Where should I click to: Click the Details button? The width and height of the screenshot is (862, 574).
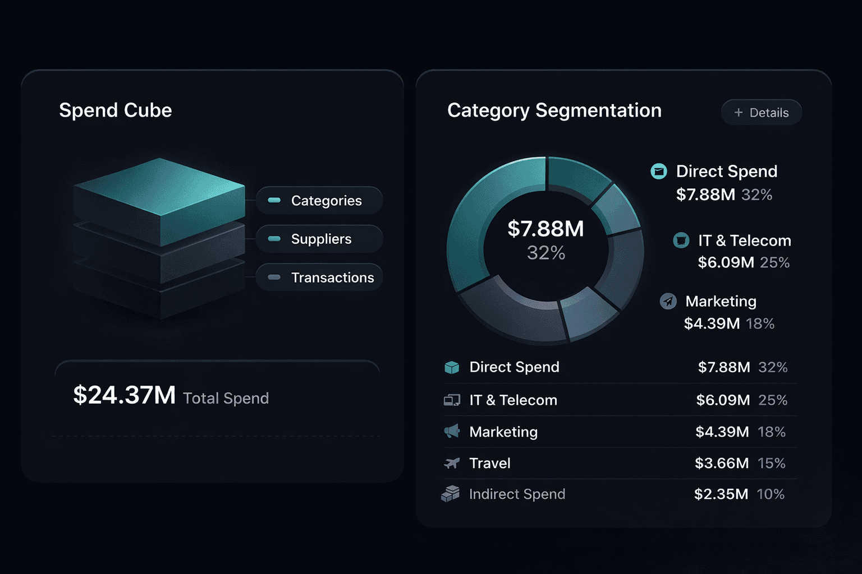pos(761,113)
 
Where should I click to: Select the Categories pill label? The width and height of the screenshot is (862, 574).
pos(326,201)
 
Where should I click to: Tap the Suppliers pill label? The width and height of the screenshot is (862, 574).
pos(321,239)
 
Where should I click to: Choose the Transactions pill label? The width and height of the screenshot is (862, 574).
pos(332,277)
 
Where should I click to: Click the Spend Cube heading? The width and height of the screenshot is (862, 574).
pos(116,110)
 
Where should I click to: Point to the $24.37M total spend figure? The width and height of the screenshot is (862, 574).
pos(125,395)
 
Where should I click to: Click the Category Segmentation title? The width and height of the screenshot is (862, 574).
pos(554,110)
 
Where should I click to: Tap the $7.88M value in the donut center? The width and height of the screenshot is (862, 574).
pos(545,229)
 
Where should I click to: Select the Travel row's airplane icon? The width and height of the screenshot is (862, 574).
pos(452,464)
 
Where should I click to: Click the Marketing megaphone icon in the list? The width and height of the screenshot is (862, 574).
pos(452,432)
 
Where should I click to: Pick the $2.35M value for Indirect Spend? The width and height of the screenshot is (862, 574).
pos(721,494)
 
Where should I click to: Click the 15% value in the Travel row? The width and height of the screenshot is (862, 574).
pos(772,464)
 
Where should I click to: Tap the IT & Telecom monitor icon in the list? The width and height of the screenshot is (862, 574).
pos(452,400)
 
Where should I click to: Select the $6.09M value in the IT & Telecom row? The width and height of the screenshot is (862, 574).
pos(723,400)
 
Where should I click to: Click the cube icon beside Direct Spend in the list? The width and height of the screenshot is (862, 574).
pos(452,367)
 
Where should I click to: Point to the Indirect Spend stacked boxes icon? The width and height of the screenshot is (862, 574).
pos(450,494)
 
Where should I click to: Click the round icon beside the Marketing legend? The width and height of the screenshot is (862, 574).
pos(668,302)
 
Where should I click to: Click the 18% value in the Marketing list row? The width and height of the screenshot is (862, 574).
pos(772,432)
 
